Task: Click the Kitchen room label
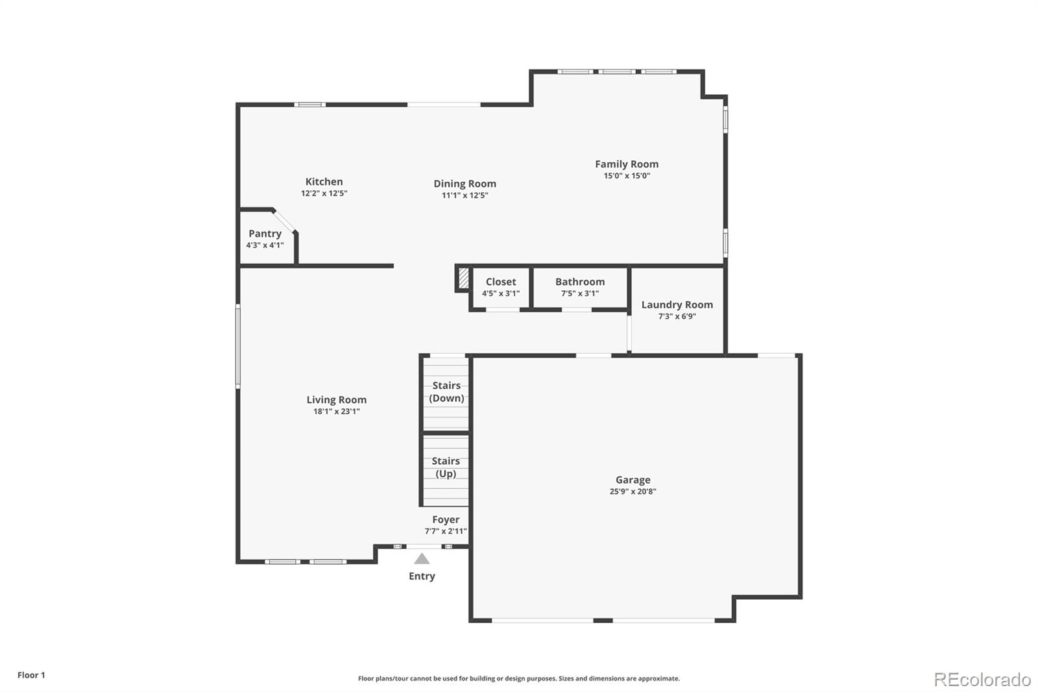click(x=324, y=182)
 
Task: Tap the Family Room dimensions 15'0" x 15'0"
click(x=626, y=176)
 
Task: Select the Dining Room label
click(x=465, y=184)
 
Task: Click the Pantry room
click(x=265, y=238)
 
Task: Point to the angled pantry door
click(x=284, y=220)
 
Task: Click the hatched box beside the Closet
click(x=463, y=278)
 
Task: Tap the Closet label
click(x=501, y=282)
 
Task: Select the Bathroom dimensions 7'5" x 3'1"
click(x=579, y=293)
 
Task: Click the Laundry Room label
click(x=677, y=304)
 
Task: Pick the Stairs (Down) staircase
click(x=446, y=393)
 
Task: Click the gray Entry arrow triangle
click(x=422, y=558)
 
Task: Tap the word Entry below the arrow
click(x=422, y=576)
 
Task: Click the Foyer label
click(x=446, y=519)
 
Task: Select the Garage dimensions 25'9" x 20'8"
click(x=633, y=491)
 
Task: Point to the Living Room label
click(x=336, y=400)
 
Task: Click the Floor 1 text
click(x=31, y=675)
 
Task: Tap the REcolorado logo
click(x=982, y=679)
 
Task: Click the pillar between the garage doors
click(x=603, y=620)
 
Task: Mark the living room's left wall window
click(x=238, y=346)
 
